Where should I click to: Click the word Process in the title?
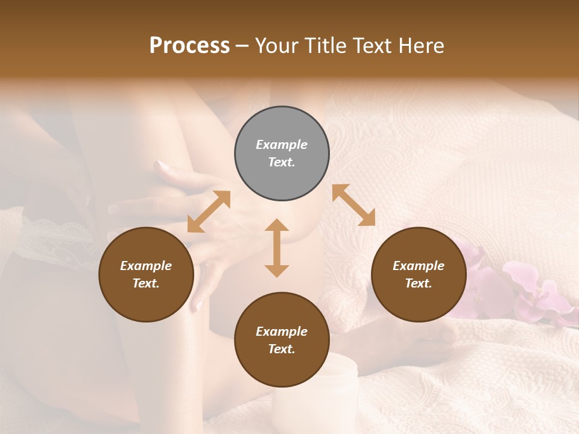tap(189, 46)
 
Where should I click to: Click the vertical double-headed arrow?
tap(277, 248)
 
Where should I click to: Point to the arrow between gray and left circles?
tap(209, 212)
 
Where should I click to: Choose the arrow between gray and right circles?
tap(353, 205)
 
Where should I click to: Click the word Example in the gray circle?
tap(282, 145)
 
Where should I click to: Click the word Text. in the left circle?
tap(146, 283)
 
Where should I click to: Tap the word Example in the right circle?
tap(419, 266)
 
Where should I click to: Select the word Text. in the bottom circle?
tap(282, 349)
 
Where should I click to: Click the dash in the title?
tap(242, 46)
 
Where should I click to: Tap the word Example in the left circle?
tap(146, 266)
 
